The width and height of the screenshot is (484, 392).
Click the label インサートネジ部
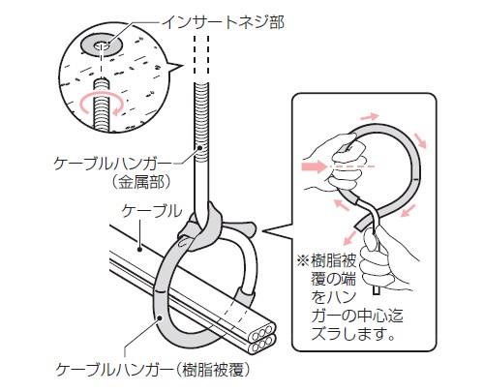coord(223,23)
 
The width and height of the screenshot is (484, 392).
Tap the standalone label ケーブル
coord(152,211)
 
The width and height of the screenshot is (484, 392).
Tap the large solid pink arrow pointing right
coord(314,166)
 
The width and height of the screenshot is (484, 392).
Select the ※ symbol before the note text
coord(303,260)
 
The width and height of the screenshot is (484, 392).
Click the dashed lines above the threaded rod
coord(201,58)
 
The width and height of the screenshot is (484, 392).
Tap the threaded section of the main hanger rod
coord(201,123)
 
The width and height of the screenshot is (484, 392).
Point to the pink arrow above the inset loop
coord(370,117)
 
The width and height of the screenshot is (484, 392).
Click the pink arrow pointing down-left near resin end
coord(351,236)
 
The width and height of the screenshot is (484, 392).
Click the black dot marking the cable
coord(139,249)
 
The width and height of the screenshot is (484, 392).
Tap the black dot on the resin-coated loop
coord(160,318)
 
